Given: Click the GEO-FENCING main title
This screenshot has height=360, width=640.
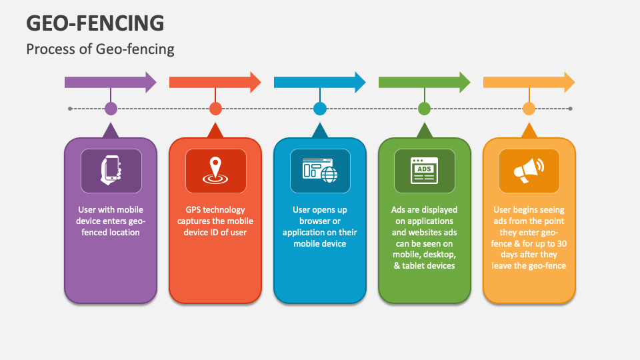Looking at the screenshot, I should [95, 23].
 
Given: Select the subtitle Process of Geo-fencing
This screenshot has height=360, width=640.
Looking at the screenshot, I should [100, 49].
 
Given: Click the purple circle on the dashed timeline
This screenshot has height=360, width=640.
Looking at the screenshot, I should [111, 109].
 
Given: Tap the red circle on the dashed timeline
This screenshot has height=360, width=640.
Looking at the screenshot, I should [215, 109].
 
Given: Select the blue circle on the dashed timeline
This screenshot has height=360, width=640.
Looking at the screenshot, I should [320, 109].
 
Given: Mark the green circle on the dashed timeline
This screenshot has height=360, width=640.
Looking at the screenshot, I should [424, 109].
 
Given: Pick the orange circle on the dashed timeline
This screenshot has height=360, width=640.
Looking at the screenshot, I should [529, 109].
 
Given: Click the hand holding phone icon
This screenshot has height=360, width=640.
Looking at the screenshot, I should [111, 170].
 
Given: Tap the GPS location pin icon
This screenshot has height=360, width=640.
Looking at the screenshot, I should [215, 170].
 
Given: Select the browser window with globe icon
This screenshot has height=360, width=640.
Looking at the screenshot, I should [320, 170].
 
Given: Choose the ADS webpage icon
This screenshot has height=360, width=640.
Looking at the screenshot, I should [424, 170].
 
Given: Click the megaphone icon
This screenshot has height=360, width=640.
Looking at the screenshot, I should [529, 170].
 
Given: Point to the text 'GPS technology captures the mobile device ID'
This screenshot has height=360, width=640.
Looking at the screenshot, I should [215, 221].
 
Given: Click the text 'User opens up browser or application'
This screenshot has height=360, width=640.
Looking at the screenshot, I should [319, 227].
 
